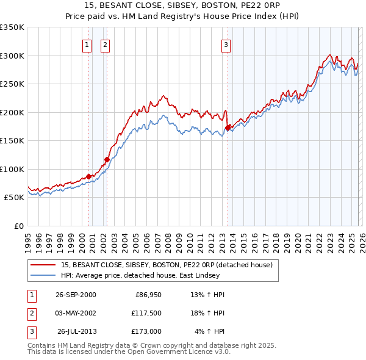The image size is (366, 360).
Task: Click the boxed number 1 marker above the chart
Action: point(87,44)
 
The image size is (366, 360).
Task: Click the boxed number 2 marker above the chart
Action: point(105,44)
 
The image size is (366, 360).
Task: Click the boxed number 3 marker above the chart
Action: point(226,44)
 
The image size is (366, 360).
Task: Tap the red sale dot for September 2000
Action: point(89,176)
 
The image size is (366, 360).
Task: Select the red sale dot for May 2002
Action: point(107,160)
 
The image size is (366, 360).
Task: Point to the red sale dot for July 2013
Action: point(228,128)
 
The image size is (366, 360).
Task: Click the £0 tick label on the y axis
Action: point(18,226)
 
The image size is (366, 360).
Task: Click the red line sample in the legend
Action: point(44,265)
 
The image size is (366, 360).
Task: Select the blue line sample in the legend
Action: point(44,275)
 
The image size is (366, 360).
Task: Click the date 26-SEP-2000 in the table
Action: point(76,295)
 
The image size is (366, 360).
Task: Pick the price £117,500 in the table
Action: point(146,313)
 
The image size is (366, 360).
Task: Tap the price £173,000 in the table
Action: point(146,331)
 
